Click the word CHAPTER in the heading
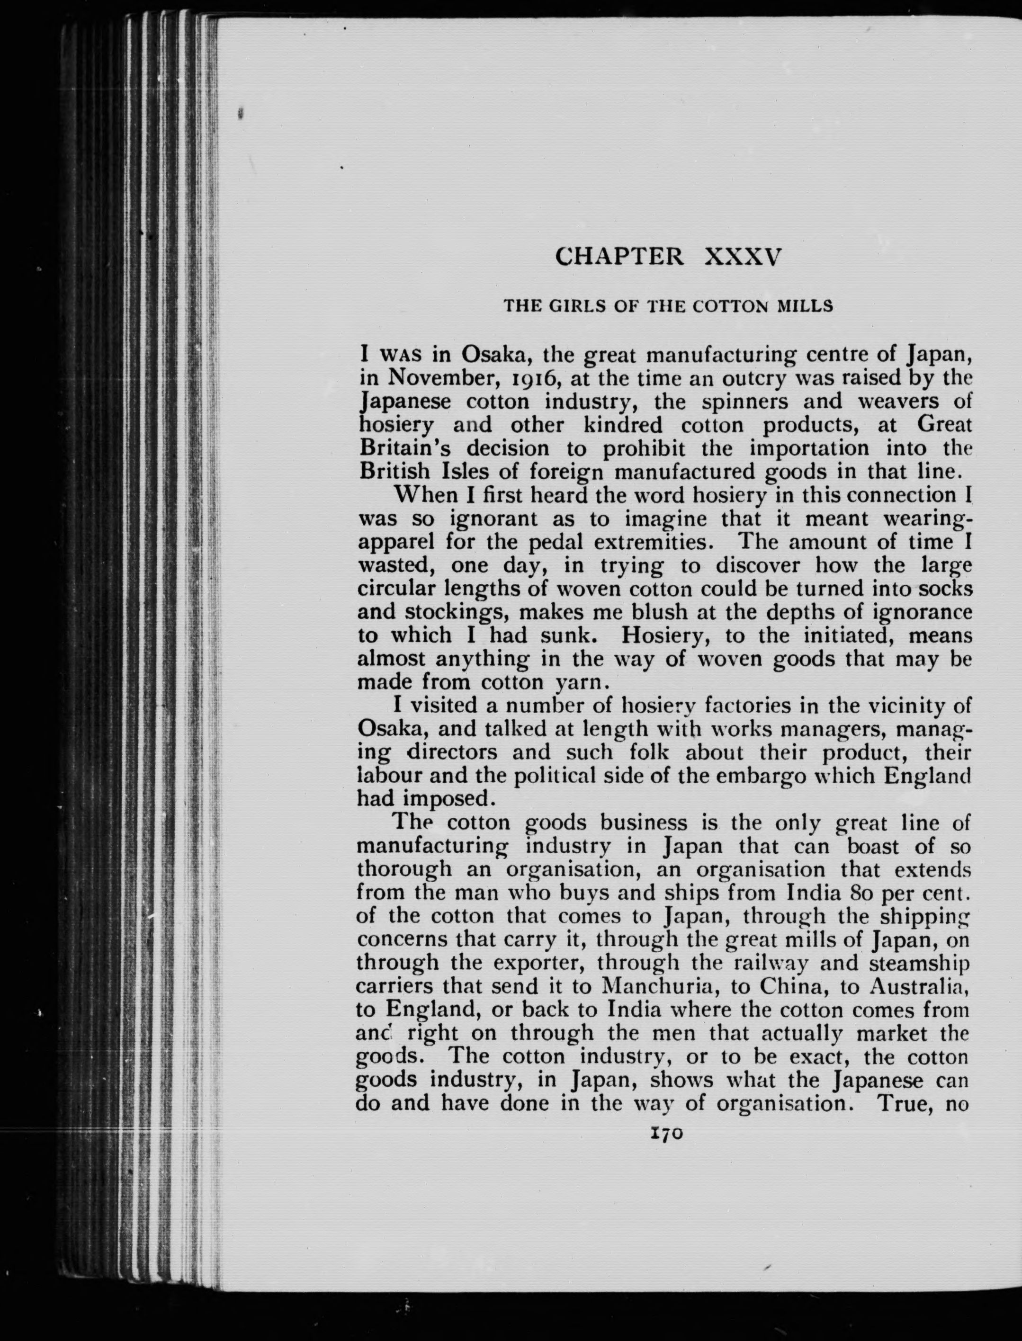pos(619,258)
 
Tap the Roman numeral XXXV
pos(741,258)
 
